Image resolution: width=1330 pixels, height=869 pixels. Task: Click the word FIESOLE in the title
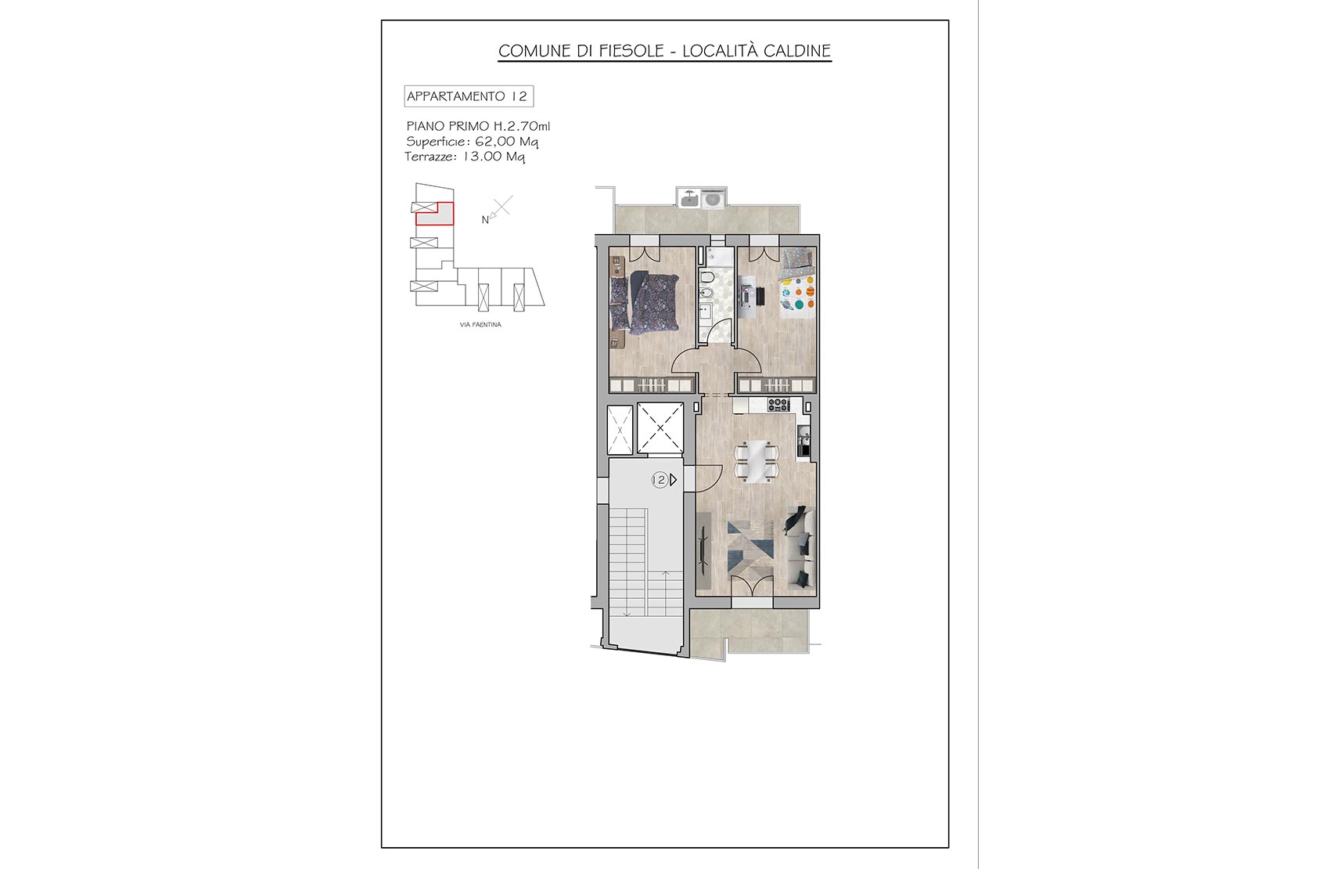pos(631,51)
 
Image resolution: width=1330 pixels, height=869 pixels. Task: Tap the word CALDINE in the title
pos(796,51)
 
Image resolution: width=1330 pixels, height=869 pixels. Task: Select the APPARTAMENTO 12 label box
pos(469,96)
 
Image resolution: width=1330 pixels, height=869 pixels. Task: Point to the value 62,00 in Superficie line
pos(495,142)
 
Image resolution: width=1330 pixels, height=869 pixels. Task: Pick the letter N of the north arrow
pos(485,220)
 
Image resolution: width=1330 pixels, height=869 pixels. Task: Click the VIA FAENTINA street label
pos(480,325)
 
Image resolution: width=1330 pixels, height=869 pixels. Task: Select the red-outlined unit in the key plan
pos(435,214)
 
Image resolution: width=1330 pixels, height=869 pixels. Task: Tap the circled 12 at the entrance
pos(660,480)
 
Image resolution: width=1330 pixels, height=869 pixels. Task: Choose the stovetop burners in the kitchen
pos(778,405)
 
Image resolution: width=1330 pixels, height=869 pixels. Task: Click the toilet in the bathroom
pos(706,277)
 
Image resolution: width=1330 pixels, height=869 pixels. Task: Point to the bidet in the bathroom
pos(706,294)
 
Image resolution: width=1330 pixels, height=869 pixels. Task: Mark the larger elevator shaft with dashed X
pos(660,428)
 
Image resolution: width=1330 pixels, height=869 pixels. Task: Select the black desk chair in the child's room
pos(760,296)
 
